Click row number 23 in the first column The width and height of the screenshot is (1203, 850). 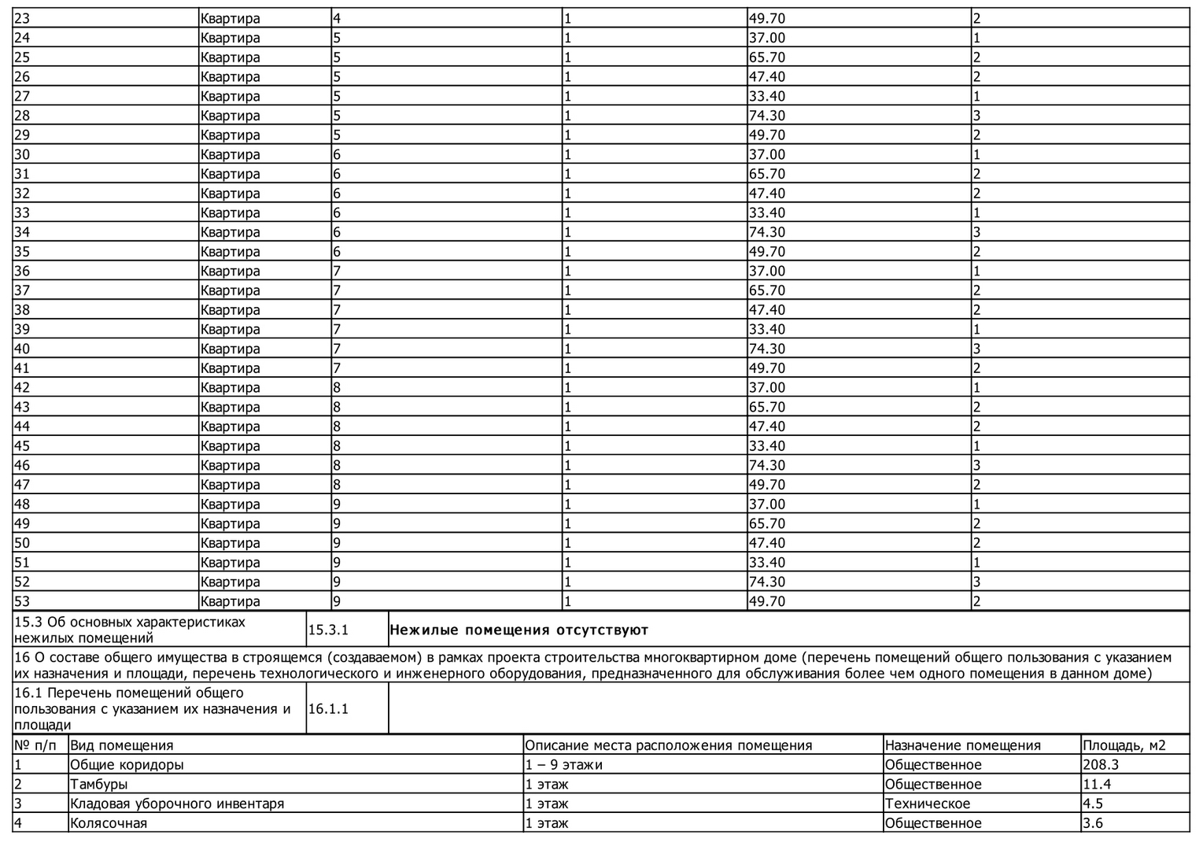(x=22, y=18)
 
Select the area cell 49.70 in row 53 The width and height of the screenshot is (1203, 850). (x=766, y=601)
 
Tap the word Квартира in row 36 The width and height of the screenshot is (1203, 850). (x=230, y=271)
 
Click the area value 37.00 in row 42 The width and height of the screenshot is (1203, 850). (x=766, y=387)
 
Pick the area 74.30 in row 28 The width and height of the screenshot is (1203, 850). (x=766, y=116)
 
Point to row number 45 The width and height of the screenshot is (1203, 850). (x=22, y=445)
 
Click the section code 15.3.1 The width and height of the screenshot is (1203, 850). (x=328, y=630)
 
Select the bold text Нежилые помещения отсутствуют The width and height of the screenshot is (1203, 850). (x=519, y=630)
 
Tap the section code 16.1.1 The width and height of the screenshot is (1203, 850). (x=328, y=708)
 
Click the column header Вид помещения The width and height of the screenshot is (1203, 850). (x=122, y=745)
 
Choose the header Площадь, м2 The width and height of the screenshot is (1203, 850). (x=1124, y=745)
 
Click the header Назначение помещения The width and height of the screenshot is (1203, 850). (x=962, y=745)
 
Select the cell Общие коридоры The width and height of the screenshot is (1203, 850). (x=127, y=764)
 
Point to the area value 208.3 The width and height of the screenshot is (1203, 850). (x=1101, y=764)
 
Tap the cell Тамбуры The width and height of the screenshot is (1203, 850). (x=99, y=784)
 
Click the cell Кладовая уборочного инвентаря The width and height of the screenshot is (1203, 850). (x=177, y=804)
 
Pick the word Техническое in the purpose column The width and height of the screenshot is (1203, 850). (x=928, y=804)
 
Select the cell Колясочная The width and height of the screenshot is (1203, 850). (x=109, y=823)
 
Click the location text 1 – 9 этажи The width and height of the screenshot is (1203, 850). (x=563, y=764)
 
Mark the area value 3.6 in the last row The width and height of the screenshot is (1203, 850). (x=1094, y=823)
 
